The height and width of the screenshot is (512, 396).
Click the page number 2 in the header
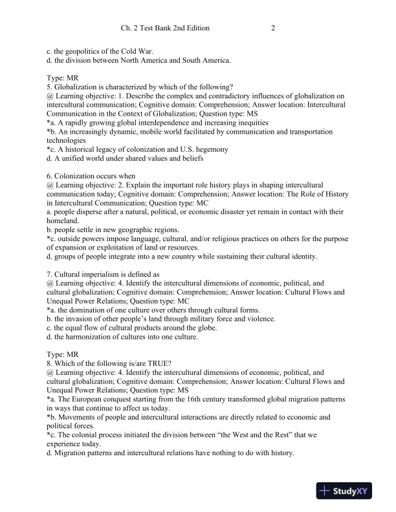pyautogui.click(x=273, y=28)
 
